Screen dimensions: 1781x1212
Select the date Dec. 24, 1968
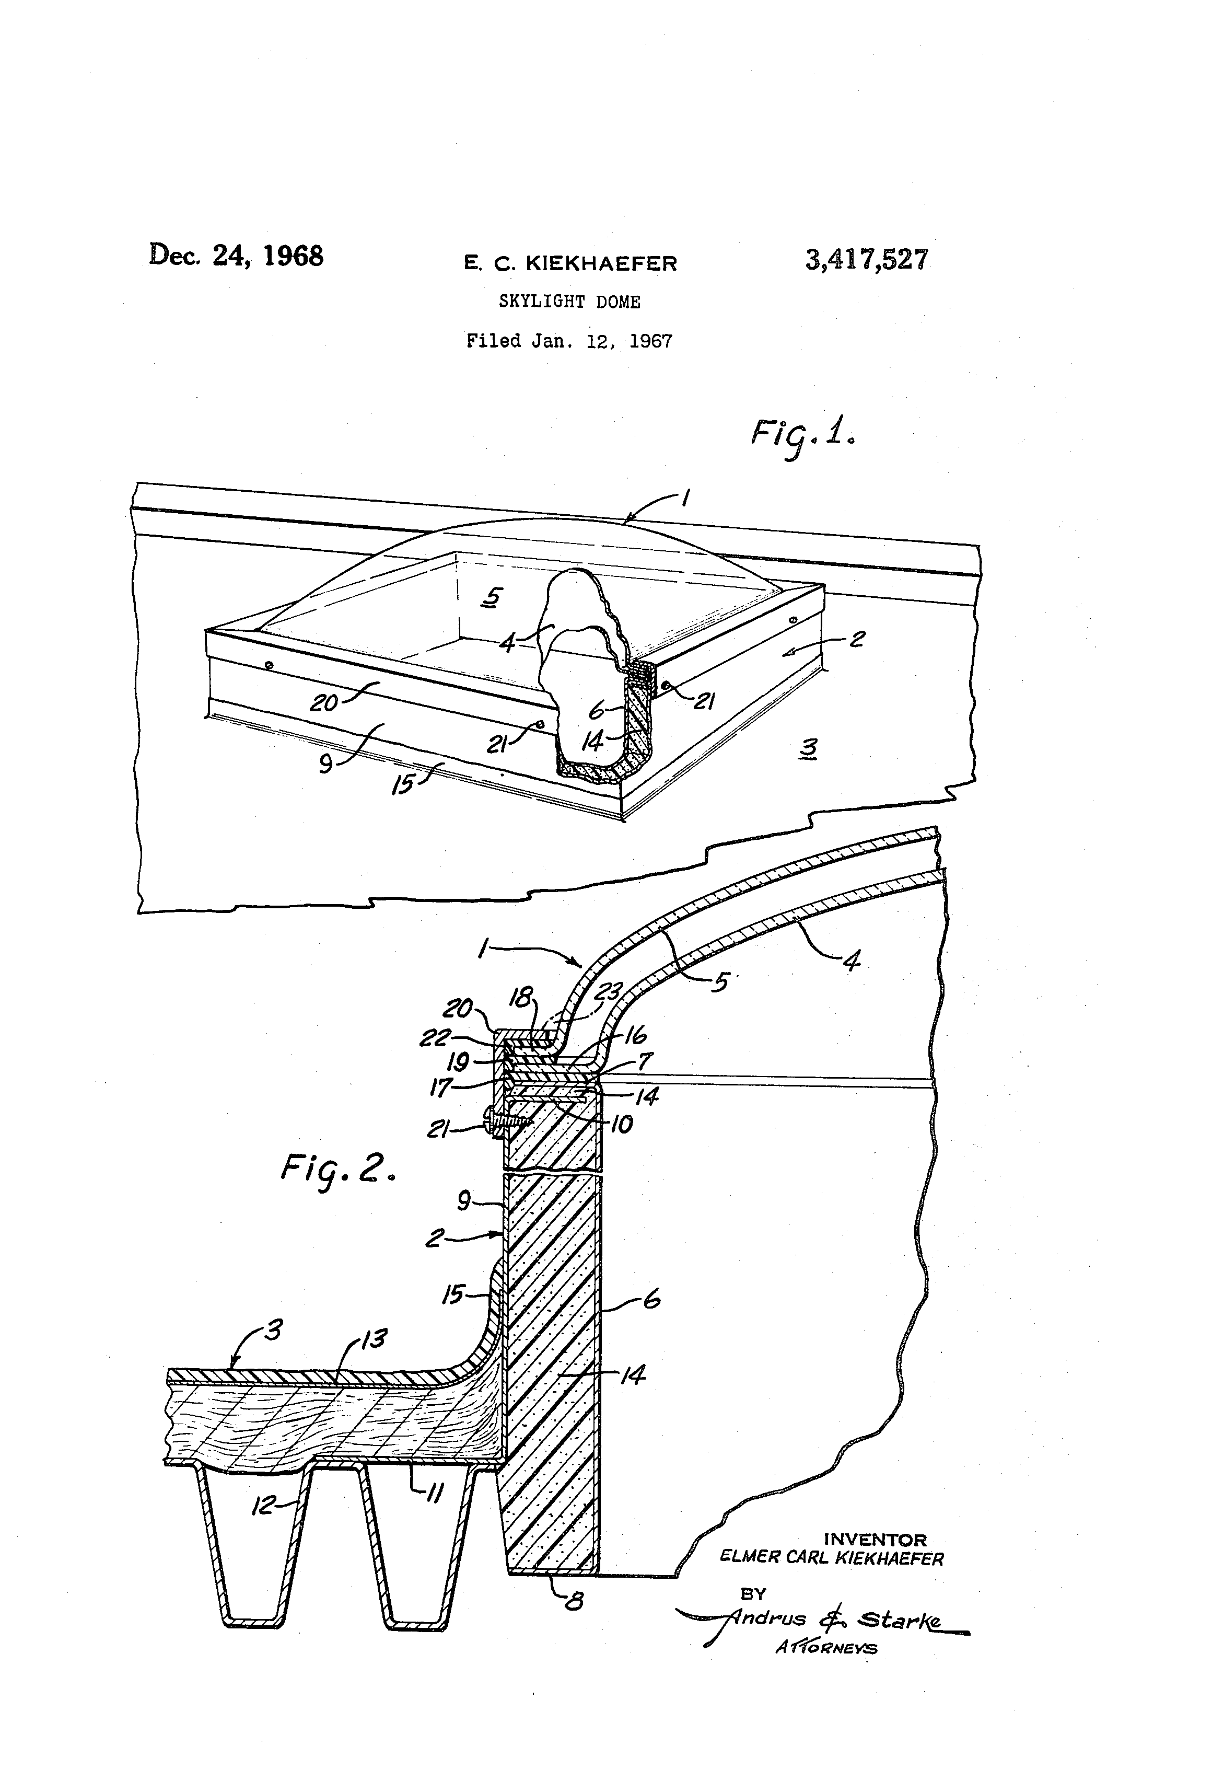[x=236, y=255]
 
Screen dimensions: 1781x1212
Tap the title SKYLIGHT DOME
[x=569, y=302]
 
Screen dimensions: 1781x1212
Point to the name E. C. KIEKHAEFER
[x=570, y=263]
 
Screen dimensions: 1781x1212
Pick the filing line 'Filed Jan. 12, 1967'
[x=569, y=341]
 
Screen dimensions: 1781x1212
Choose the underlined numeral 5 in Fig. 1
[x=493, y=596]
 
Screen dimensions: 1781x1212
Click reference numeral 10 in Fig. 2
[x=621, y=1124]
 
